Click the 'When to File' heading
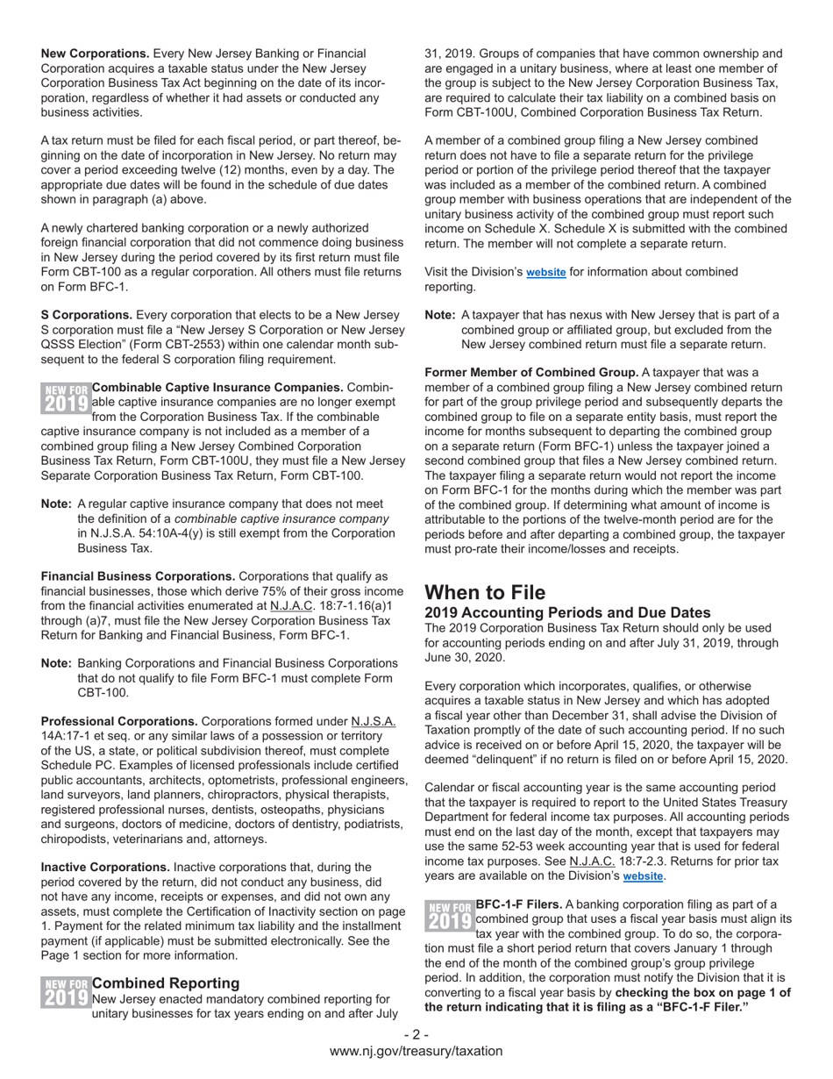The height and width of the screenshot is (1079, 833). (x=485, y=592)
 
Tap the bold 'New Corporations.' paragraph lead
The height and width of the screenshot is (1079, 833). (x=95, y=54)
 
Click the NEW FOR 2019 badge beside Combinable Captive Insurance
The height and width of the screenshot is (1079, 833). (x=66, y=397)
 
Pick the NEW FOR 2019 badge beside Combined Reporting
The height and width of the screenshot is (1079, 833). (x=66, y=992)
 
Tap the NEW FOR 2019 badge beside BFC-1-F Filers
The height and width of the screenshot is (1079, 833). (x=449, y=914)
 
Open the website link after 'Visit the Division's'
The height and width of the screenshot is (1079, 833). (x=545, y=273)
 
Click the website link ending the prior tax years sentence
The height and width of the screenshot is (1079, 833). (x=643, y=876)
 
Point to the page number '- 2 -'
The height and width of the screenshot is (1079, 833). (x=416, y=1034)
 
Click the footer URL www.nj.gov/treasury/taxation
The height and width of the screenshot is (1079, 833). (x=416, y=1051)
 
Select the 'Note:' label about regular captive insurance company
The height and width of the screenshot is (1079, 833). (x=56, y=504)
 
